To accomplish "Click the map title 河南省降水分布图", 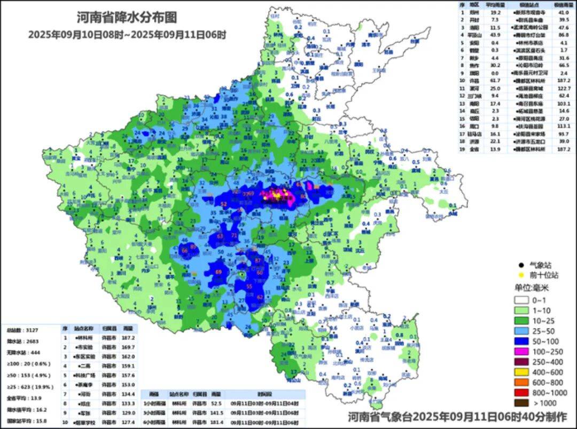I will click(x=126, y=18).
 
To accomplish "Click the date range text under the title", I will click(x=127, y=35).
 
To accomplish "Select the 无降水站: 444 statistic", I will click(x=20, y=353).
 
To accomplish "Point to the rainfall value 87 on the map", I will click(x=259, y=260).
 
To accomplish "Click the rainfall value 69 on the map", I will click(x=219, y=272).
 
